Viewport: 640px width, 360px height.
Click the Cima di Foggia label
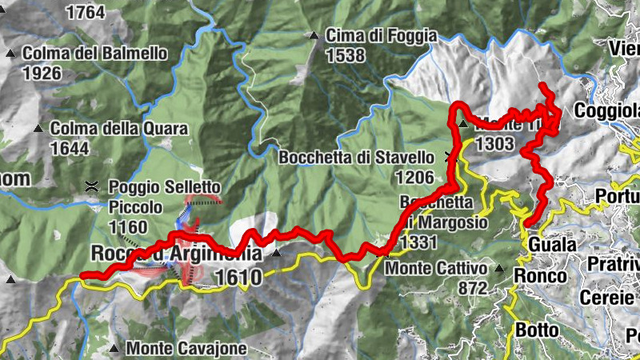click(382, 36)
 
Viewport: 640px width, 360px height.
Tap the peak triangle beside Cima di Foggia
click(314, 36)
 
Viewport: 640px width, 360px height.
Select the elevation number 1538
click(346, 56)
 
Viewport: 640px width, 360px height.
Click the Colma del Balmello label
click(95, 54)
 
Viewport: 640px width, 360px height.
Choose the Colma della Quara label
click(118, 128)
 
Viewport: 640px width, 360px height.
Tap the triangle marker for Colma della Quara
click(38, 128)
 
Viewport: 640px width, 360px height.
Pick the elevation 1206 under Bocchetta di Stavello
click(414, 178)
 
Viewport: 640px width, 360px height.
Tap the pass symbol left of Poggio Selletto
click(92, 187)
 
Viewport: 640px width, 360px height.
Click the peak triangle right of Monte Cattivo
click(499, 269)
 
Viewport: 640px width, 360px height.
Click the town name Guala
click(551, 244)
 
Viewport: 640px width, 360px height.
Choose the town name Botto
click(535, 329)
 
